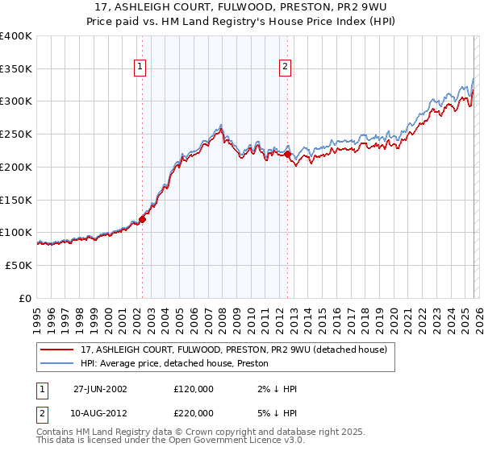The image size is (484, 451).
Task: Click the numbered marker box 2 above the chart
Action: [x=286, y=68]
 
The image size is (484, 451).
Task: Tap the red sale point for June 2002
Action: [x=143, y=218]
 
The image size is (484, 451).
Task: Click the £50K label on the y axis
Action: [x=19, y=265]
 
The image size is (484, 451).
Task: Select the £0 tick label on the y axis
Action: [x=25, y=298]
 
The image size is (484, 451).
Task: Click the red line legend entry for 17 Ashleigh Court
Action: [x=234, y=350]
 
